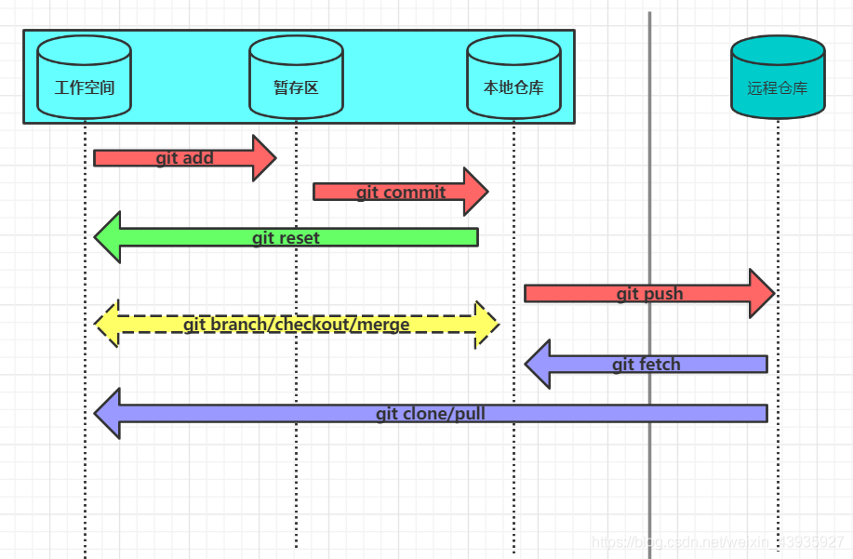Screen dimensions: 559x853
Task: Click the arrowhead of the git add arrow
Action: [265, 158]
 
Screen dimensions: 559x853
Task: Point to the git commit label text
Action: [401, 193]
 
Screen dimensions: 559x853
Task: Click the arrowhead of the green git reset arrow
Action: [107, 237]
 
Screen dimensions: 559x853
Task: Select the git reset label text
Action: [286, 238]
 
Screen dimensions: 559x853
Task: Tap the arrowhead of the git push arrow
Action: [763, 294]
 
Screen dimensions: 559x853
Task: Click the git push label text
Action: [649, 294]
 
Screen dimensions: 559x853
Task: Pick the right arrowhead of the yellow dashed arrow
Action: [486, 324]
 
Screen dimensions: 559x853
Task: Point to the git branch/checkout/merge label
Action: [297, 325]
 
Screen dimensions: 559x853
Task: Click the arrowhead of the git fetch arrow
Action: [539, 364]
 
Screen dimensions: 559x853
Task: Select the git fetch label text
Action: [646, 365]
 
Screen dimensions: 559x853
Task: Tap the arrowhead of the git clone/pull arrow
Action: [107, 413]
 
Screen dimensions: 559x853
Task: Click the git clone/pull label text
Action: [431, 414]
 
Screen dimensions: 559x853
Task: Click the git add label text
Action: [184, 158]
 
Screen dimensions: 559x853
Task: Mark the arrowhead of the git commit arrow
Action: [476, 192]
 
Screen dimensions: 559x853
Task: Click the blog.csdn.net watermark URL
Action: [717, 542]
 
